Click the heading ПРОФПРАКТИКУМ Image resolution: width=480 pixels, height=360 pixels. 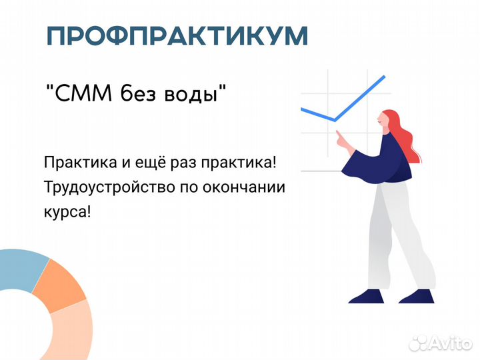[177, 36]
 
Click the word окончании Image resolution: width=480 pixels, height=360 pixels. [244, 187]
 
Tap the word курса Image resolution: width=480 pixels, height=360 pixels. [65, 212]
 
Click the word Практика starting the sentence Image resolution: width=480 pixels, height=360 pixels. [80, 162]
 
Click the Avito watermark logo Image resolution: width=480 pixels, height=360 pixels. [440, 343]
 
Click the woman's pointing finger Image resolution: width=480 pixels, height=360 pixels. [338, 133]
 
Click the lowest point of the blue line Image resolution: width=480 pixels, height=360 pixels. [335, 121]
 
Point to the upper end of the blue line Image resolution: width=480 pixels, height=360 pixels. [384, 76]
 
